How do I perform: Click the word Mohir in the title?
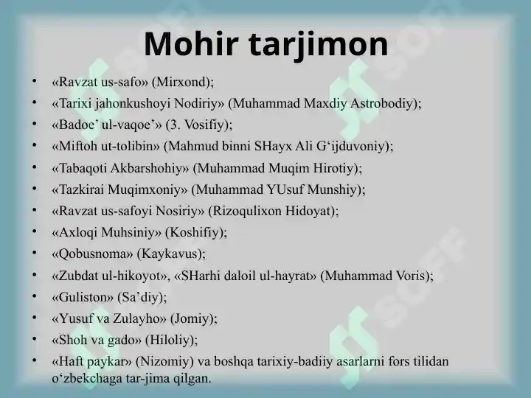click(191, 43)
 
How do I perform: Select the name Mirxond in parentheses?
click(181, 82)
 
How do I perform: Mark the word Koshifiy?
click(195, 232)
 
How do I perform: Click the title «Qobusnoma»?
click(92, 254)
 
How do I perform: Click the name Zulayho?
click(139, 318)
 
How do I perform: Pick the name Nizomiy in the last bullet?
click(164, 361)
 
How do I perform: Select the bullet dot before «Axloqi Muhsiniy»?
click(34, 231)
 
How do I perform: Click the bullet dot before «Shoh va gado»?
click(34, 339)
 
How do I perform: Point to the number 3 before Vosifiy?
click(173, 125)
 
